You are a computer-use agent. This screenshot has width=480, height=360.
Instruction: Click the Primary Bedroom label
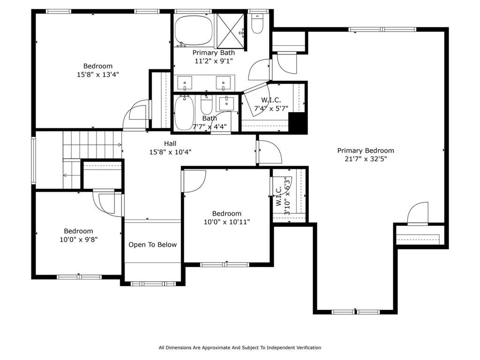pos(366,150)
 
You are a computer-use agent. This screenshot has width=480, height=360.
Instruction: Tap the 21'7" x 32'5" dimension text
pos(366,159)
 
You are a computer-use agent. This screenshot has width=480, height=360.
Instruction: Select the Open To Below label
pos(153,245)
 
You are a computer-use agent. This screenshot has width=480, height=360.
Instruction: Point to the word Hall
pos(170,143)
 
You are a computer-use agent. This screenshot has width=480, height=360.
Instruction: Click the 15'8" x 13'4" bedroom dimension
pos(98,74)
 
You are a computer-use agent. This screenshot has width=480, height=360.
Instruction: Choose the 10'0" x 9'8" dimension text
pos(78,239)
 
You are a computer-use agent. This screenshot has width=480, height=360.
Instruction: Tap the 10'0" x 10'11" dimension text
pos(227,222)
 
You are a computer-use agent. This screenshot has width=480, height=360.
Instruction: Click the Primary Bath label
pos(214,52)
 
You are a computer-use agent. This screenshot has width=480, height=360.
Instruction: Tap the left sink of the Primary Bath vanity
pos(186,82)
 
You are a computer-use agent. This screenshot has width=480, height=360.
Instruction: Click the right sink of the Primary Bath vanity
pos(224,82)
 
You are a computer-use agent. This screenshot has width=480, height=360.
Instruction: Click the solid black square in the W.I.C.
pos(297,124)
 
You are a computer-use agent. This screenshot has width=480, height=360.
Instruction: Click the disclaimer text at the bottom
pos(240,348)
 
